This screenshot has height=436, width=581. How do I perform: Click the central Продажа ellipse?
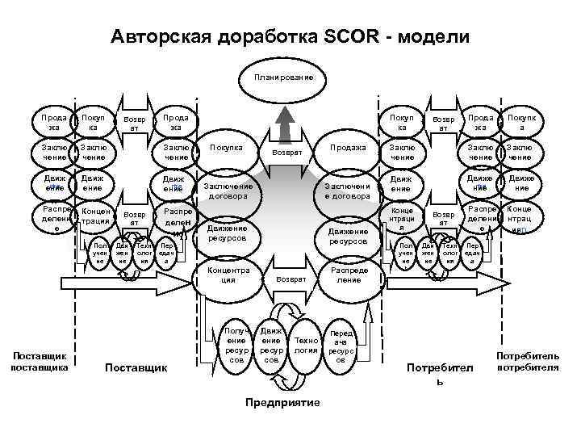348,148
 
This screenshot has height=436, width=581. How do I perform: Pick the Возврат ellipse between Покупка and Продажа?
286,152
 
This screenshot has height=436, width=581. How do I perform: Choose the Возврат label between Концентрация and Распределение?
291,278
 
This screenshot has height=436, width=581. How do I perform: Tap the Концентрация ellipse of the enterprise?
222,275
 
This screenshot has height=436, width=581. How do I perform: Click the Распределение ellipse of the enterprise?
348,275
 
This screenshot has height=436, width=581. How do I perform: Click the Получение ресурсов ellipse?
236,345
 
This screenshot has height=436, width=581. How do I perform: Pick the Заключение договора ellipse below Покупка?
228,191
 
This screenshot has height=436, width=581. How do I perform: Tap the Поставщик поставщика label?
38,362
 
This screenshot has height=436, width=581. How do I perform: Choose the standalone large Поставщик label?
136,368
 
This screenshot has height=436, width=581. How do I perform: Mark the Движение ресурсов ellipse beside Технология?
271,345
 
